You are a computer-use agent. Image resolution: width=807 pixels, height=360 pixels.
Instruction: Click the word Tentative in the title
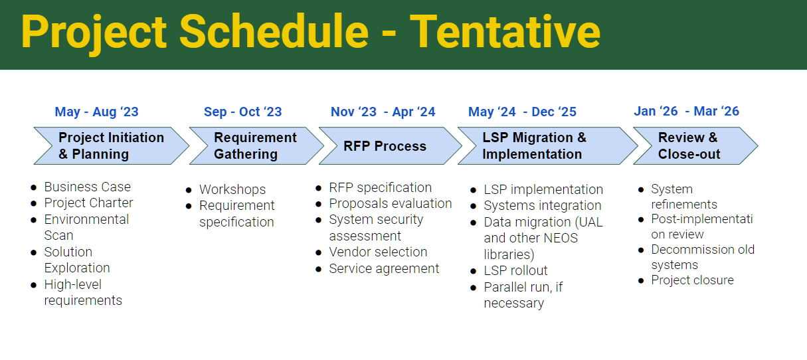[x=505, y=32]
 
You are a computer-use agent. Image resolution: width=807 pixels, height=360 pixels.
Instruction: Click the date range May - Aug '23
[x=96, y=112]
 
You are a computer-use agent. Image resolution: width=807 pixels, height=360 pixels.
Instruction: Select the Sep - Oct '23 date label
[x=242, y=112]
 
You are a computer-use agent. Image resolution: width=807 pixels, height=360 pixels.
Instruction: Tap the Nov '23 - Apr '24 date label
[x=383, y=112]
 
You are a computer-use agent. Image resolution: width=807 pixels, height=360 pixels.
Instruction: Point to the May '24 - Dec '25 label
[x=522, y=112]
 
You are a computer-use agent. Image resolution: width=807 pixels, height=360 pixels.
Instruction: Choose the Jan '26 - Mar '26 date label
[x=686, y=112]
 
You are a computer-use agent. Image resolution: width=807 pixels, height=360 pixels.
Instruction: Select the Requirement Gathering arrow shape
[x=255, y=146]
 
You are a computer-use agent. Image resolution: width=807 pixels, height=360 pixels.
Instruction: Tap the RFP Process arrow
[x=385, y=146]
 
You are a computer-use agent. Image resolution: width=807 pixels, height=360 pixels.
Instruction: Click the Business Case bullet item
[x=87, y=187]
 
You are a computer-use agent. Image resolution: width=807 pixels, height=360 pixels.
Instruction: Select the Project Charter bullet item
[x=88, y=203]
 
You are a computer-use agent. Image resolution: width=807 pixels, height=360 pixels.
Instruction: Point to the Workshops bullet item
[x=232, y=189]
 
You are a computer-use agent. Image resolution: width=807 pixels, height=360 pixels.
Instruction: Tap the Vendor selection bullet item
[x=378, y=252]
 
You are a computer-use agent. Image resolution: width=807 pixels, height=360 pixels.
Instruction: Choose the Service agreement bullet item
[x=384, y=268]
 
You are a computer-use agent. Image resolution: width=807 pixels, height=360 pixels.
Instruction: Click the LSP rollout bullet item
[x=515, y=270]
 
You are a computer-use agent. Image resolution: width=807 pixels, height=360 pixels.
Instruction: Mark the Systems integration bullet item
[x=542, y=206]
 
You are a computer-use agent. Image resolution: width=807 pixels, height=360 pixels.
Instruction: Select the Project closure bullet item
[x=692, y=280]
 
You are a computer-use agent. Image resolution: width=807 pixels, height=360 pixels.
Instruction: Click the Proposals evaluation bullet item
[x=390, y=203]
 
